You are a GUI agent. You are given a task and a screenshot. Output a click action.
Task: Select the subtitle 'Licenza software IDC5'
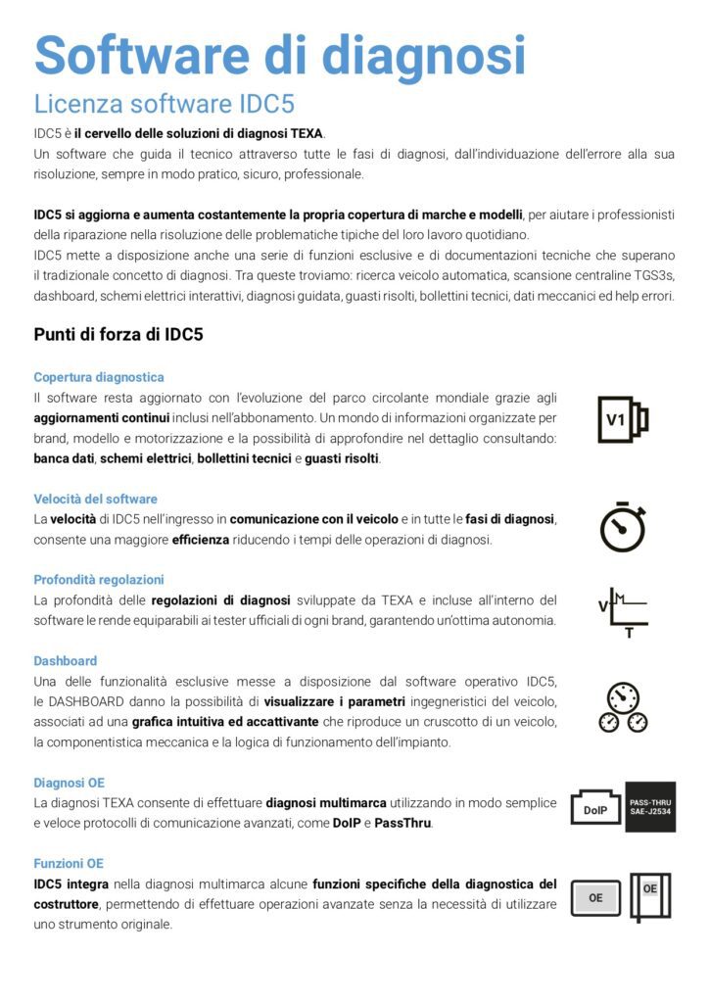tap(164, 104)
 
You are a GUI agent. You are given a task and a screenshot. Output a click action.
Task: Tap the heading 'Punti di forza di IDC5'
tap(118, 334)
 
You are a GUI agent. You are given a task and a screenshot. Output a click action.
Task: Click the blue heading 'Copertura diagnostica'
tap(98, 377)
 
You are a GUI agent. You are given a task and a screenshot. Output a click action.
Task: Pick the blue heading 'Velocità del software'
tap(95, 499)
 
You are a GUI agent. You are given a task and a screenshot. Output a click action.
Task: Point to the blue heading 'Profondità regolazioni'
tap(98, 580)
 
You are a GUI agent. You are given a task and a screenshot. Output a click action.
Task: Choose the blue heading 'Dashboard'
tap(65, 661)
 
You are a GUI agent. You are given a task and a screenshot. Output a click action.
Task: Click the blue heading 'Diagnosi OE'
tap(69, 783)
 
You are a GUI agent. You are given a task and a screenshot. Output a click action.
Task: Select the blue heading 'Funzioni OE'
tap(68, 864)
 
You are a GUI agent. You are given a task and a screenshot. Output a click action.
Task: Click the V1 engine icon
tap(623, 419)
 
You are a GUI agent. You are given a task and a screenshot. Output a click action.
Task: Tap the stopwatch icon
tap(623, 528)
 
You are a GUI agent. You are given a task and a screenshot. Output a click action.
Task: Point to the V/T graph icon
tap(623, 612)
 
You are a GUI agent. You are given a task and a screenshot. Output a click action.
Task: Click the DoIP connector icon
tap(595, 809)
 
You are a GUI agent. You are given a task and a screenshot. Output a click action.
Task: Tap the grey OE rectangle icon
tap(595, 896)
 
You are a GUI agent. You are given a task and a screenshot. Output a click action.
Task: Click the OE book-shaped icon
tap(650, 895)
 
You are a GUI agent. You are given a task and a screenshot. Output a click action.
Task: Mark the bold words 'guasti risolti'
tap(342, 458)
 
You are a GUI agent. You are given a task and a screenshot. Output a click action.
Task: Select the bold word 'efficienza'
tap(201, 540)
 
